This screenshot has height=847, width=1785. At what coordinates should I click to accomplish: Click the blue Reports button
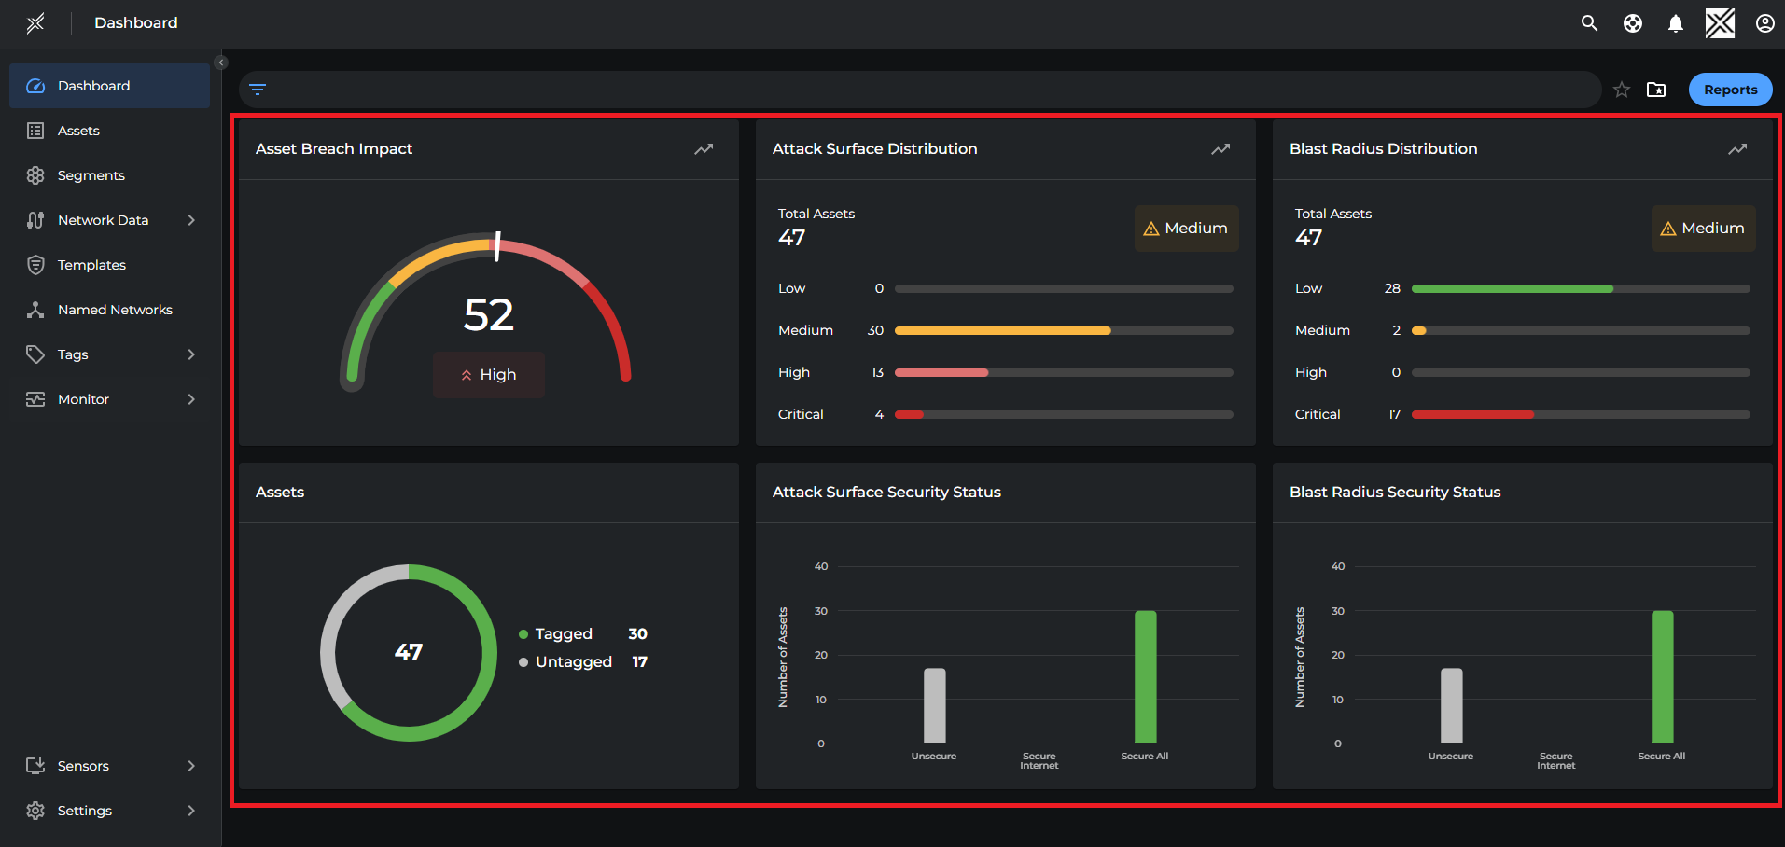click(1730, 90)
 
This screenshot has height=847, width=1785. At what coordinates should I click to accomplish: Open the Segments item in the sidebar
click(91, 175)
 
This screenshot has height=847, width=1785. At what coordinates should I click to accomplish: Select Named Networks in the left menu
click(114, 310)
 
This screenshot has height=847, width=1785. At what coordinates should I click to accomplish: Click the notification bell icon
click(1676, 23)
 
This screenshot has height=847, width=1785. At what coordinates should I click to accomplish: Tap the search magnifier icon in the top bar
click(1589, 23)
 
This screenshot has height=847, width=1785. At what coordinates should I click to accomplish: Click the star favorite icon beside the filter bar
click(1622, 90)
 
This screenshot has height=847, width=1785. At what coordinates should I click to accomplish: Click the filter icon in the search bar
click(258, 90)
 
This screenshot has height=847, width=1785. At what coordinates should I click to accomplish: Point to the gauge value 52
click(489, 315)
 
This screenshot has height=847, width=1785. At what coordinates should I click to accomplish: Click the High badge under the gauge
click(489, 375)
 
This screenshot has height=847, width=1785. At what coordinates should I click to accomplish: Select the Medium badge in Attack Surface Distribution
click(1186, 229)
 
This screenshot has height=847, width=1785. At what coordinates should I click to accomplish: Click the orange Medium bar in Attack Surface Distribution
click(1002, 330)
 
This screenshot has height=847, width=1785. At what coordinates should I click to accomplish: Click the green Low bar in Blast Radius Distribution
click(1512, 289)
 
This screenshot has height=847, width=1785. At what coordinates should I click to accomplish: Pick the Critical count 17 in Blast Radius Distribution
click(1394, 414)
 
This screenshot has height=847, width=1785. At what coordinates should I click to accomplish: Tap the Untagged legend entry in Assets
click(573, 662)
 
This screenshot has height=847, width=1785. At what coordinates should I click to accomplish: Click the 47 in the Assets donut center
click(409, 652)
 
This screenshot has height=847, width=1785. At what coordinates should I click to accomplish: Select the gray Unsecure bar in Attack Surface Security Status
click(934, 706)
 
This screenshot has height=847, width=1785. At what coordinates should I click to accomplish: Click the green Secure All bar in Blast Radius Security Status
click(1662, 677)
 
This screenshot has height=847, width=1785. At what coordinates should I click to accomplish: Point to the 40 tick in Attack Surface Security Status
click(821, 566)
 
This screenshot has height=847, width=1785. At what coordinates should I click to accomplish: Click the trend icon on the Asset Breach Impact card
click(704, 149)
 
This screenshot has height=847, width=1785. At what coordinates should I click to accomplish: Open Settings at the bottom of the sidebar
click(84, 811)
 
